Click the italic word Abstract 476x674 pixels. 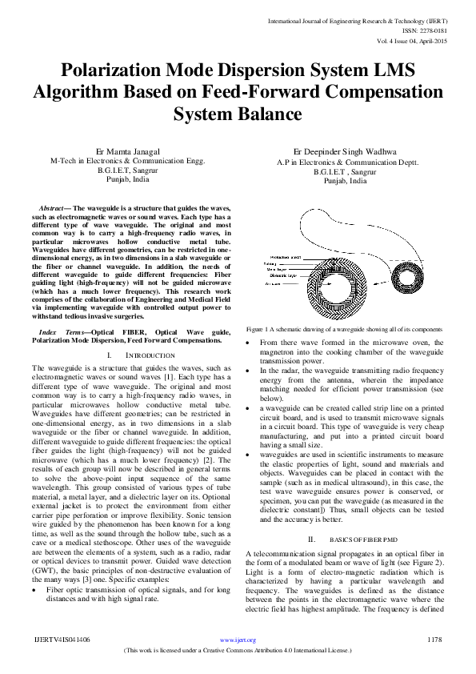[55, 207]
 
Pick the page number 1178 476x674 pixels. [435, 640]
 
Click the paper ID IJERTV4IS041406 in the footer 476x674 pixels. [62, 640]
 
